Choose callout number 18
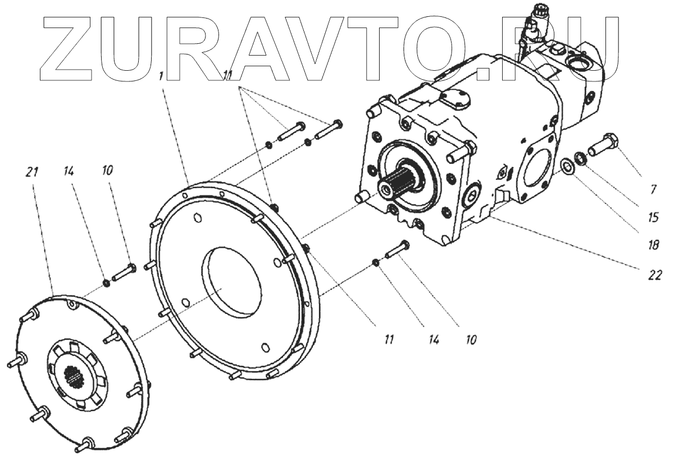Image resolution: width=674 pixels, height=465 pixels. (x=653, y=245)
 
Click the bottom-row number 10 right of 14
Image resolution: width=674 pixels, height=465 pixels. (x=471, y=340)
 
